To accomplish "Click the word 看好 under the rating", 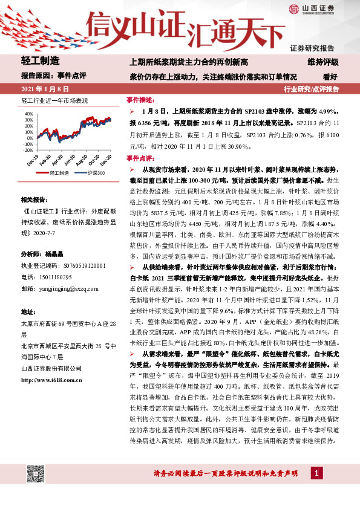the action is (x=330, y=77).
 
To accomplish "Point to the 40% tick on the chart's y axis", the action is (x=27, y=114).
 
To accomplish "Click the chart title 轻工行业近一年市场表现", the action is (x=54, y=100).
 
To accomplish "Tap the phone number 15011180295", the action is (x=56, y=275).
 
